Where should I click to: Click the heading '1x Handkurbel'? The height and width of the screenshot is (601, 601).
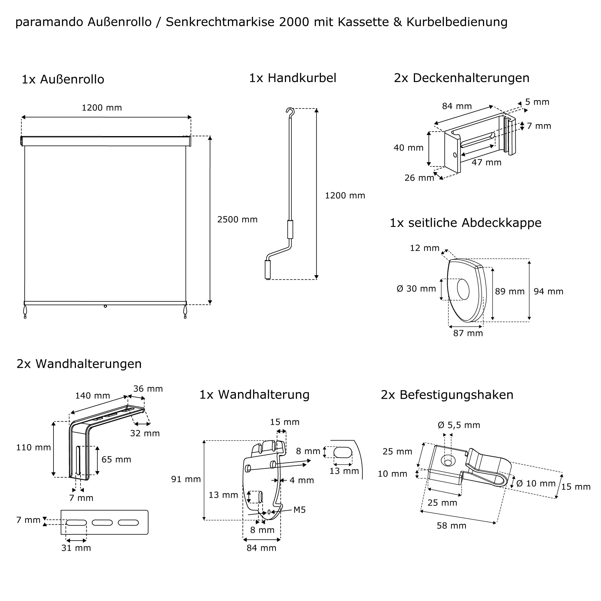click(x=293, y=78)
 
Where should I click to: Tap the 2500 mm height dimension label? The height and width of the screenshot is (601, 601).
click(x=237, y=220)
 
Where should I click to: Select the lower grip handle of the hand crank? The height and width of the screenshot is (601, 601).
click(x=267, y=269)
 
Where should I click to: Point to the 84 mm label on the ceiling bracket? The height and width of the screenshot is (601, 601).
click(x=457, y=106)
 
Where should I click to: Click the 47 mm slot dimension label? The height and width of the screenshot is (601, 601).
click(x=487, y=162)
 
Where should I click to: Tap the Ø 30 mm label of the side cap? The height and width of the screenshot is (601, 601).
click(x=416, y=289)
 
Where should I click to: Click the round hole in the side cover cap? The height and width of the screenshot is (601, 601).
click(x=463, y=289)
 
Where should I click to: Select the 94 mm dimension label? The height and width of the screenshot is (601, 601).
click(x=548, y=291)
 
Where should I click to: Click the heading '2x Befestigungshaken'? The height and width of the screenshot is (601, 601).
click(x=447, y=395)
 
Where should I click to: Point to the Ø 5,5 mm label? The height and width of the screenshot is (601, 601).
click(x=459, y=425)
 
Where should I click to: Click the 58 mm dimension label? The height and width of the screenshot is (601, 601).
click(x=451, y=526)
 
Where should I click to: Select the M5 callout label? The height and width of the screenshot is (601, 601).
click(x=300, y=510)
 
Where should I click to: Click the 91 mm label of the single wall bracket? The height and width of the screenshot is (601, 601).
click(x=186, y=479)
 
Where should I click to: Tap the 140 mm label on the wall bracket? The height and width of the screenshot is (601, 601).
click(x=93, y=396)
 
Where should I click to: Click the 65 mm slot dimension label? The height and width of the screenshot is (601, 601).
click(x=116, y=459)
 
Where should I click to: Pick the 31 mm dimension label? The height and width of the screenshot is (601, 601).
click(x=76, y=548)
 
